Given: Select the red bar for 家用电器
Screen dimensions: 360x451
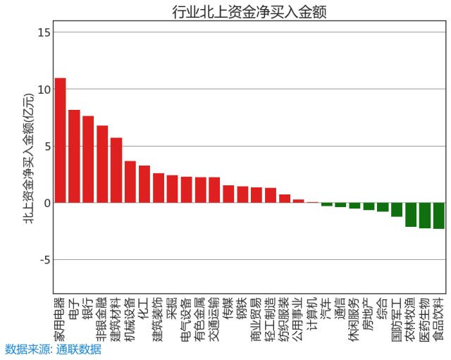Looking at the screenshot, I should click(x=61, y=140).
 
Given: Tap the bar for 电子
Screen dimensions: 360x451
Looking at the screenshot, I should click(x=74, y=156).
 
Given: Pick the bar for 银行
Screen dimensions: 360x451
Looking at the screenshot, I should click(x=88, y=159).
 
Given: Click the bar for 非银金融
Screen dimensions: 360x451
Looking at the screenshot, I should click(x=102, y=164).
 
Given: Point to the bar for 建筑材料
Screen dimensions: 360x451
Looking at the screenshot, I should click(x=116, y=170).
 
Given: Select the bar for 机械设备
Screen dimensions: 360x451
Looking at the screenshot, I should click(x=130, y=182).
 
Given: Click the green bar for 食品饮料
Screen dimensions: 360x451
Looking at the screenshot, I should click(x=438, y=216).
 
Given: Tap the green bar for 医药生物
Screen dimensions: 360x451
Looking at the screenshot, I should click(x=424, y=215).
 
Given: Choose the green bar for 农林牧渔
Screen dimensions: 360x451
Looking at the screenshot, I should click(x=410, y=214).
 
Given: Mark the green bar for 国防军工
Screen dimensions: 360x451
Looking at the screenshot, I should click(x=396, y=209).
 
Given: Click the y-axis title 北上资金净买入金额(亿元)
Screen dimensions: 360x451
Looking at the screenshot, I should click(x=27, y=159).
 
